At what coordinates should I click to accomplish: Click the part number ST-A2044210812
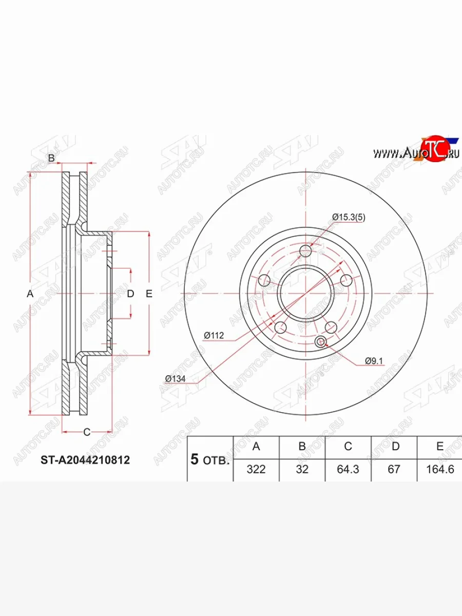coord(85,460)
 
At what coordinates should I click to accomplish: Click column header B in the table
coord(302,447)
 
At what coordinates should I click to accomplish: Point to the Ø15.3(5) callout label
coord(349,217)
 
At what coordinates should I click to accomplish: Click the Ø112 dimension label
coord(214,336)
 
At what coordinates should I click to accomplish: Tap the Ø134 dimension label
coord(175,379)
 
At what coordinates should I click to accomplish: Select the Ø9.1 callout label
coord(374,361)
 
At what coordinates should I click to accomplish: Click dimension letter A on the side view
coord(30,294)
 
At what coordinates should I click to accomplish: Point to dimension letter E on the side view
coord(149,294)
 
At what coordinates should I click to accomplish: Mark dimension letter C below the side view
coord(87,432)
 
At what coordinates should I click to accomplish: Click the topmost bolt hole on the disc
coord(306,251)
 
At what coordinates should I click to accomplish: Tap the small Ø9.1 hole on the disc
coord(321,342)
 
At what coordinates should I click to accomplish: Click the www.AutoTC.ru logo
coord(416,152)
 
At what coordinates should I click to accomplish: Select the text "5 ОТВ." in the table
coord(210,459)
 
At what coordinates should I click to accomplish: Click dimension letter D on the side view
coord(130,294)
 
